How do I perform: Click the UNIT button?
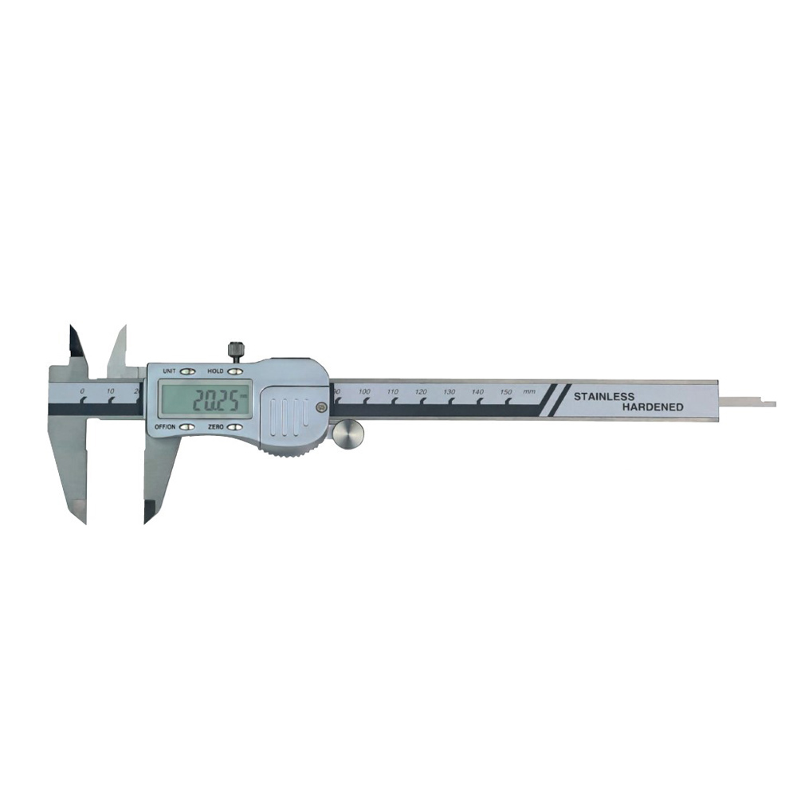coord(187,371)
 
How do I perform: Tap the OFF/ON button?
coord(187,427)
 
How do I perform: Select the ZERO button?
coord(235,427)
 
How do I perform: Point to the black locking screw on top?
coord(235,350)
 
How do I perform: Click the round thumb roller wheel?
coord(348,436)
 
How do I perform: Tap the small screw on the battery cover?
coord(320,406)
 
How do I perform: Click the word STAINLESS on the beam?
coord(604,396)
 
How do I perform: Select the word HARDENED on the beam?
coord(654,407)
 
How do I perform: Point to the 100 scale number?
coord(364,391)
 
